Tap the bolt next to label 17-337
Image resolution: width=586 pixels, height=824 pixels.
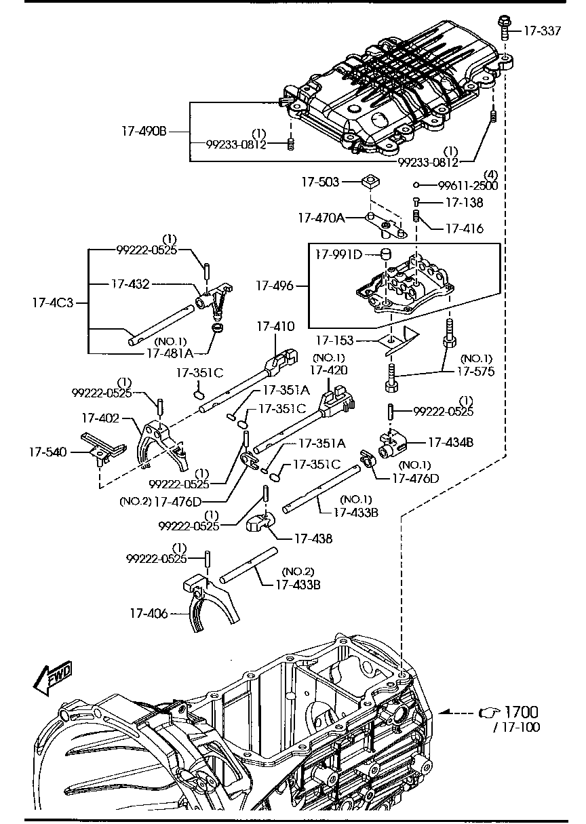point(505,27)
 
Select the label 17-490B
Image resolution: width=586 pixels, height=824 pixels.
point(144,132)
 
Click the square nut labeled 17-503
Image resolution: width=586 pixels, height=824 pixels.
point(370,182)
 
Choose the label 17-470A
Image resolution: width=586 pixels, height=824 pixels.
point(321,218)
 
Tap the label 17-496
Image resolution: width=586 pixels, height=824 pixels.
point(275,286)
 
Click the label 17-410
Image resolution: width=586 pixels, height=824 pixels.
point(275,327)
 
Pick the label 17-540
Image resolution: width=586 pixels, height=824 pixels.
point(47,451)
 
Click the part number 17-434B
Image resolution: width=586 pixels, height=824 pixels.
point(450,442)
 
